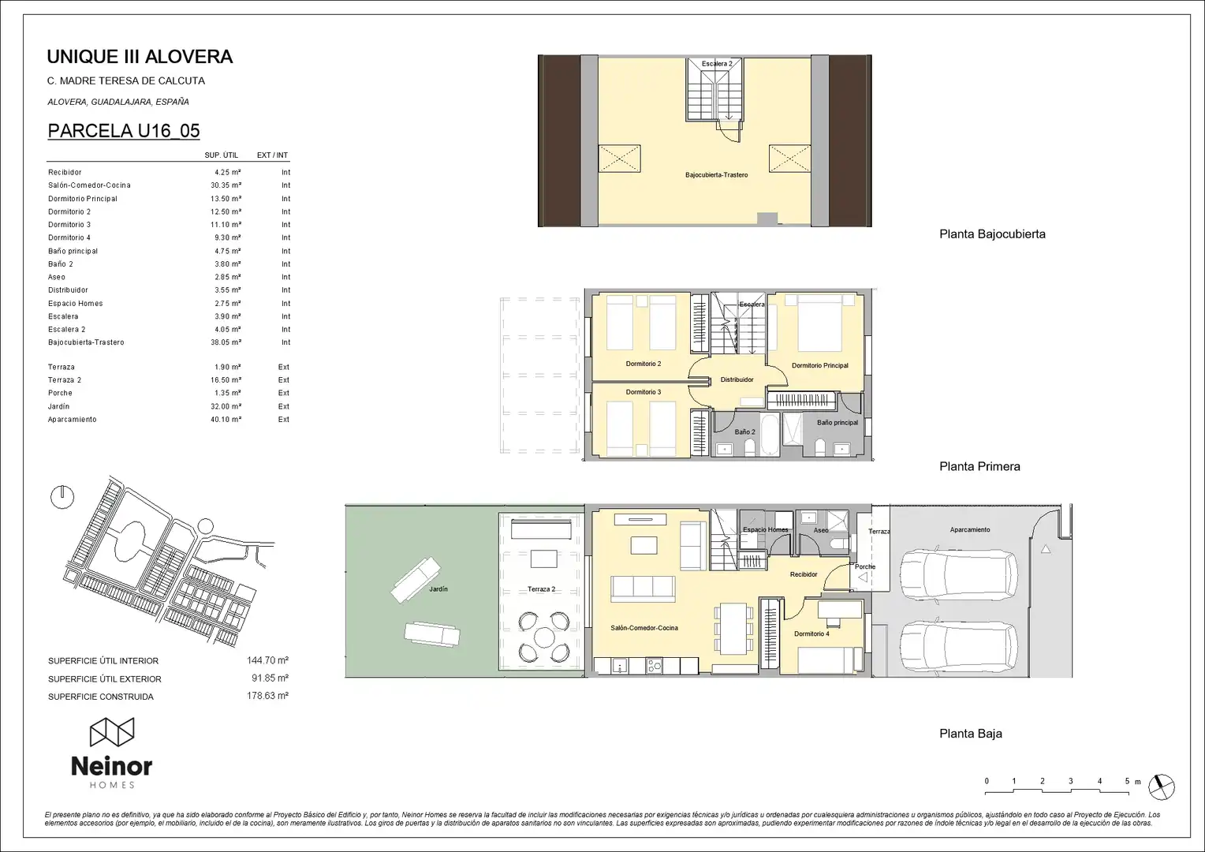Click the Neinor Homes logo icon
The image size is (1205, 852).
tap(112, 731)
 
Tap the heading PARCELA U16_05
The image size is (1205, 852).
tap(124, 131)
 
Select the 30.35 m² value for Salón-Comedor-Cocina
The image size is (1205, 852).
tap(226, 185)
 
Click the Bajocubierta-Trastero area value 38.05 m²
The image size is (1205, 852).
tap(226, 342)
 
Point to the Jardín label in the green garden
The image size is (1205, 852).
tap(438, 589)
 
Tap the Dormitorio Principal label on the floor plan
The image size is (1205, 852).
tap(820, 365)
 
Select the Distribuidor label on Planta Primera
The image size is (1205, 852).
tap(737, 379)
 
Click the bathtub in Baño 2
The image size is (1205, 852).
tap(769, 435)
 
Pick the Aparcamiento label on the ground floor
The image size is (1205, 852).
tap(970, 529)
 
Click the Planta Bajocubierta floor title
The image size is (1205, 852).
tap(993, 234)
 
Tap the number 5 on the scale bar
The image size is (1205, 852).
tap(1127, 781)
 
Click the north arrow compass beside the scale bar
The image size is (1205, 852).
tap(1162, 787)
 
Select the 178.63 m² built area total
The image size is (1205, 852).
tap(267, 696)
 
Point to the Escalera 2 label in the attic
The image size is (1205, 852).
tap(717, 64)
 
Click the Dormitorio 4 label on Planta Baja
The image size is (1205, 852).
tap(811, 634)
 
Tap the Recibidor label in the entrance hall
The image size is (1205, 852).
tap(804, 574)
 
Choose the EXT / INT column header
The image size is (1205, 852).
tap(272, 155)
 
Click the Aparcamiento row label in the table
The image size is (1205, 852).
tap(72, 419)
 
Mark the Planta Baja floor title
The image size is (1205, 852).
tap(971, 734)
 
